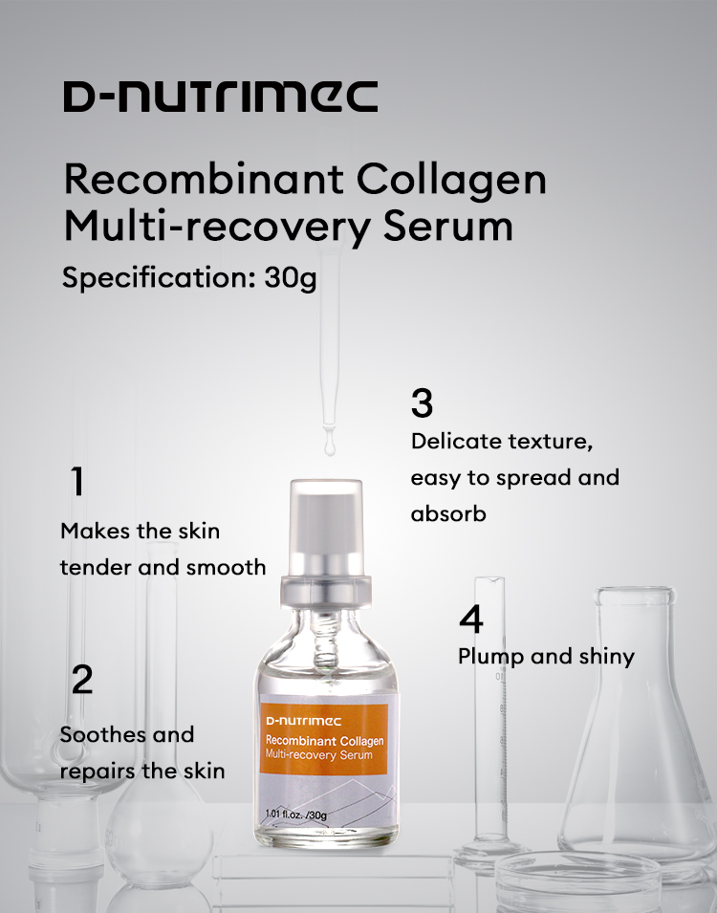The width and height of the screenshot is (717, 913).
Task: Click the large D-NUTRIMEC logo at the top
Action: point(221,96)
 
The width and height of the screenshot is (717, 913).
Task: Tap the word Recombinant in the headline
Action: point(204,179)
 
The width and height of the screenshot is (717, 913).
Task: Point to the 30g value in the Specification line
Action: point(290,278)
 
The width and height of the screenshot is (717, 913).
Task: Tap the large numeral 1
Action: point(77,481)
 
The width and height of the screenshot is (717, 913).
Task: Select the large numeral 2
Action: point(81,679)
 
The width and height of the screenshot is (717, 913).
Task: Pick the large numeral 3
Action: point(422,402)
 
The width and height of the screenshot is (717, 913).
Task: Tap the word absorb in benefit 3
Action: point(448,513)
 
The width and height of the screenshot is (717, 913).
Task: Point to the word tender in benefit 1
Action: point(96,567)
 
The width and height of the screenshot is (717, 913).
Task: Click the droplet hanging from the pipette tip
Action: point(330,446)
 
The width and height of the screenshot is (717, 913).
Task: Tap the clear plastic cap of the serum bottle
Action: point(326,528)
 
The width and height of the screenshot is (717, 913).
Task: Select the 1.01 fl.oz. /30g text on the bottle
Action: point(296,815)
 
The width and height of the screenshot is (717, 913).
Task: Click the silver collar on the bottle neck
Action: point(326,591)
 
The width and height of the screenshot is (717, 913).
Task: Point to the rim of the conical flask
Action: point(634,596)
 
